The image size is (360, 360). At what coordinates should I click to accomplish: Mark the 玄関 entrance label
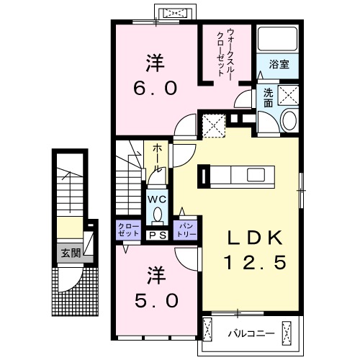click(x=71, y=252)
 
